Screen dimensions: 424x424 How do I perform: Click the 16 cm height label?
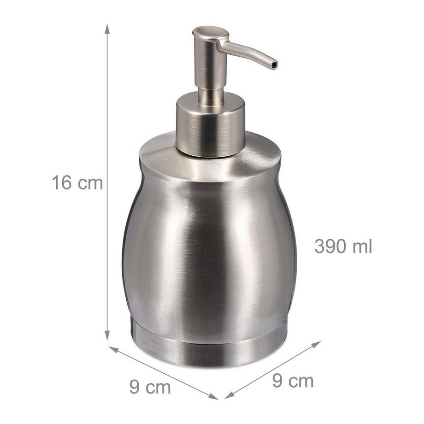77,183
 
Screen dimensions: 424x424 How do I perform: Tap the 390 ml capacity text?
343,246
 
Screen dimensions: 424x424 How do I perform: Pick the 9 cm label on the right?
293,381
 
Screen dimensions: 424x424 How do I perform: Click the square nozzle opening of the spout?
275,65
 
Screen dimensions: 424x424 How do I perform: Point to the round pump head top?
210,33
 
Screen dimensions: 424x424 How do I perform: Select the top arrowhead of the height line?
107,29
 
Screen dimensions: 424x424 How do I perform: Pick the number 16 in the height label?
61,183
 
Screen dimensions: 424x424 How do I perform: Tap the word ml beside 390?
363,246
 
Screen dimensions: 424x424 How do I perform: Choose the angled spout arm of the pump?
247,52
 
